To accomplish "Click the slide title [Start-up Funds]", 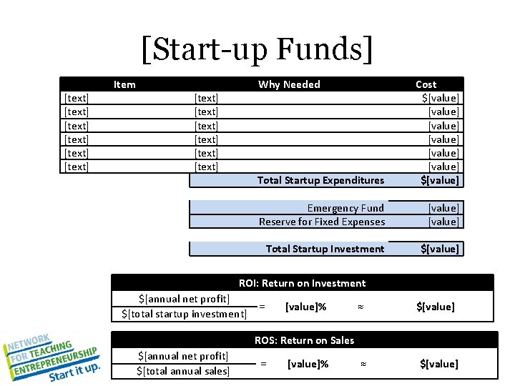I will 257,49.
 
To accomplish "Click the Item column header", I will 124,84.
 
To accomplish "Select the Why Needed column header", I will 289,84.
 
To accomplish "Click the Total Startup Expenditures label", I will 320,180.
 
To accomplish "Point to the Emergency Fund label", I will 345,208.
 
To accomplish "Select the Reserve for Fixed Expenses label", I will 322,222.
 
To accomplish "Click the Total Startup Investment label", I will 325,249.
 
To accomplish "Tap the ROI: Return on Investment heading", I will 302,283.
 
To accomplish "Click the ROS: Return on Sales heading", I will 304,340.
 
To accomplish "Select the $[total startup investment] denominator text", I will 184,314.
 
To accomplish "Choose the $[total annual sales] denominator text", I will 183,371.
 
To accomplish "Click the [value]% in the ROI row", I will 305,307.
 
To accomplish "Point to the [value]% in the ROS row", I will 308,364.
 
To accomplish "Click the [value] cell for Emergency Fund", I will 443,208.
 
